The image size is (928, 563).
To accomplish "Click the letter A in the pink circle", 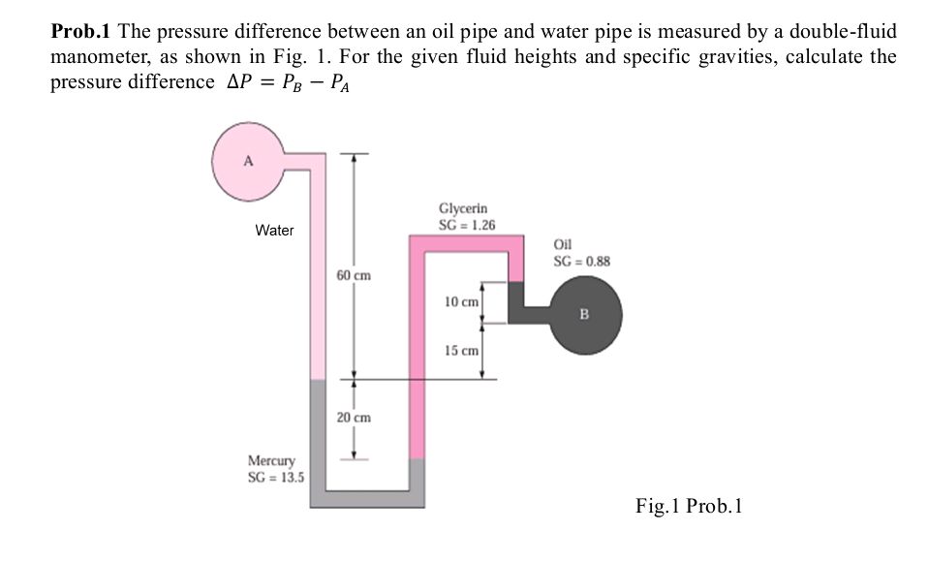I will tap(247, 162).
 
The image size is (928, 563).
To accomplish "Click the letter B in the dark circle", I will tap(583, 314).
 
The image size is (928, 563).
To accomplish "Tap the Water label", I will tap(274, 231).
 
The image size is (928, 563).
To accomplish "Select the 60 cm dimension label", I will tap(355, 276).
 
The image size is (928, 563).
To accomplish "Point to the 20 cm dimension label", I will tap(355, 418).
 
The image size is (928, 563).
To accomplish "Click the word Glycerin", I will tap(463, 208).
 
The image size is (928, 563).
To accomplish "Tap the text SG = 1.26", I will tap(467, 224).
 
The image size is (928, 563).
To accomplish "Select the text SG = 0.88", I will tap(581, 260).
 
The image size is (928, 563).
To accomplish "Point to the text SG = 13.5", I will tap(277, 476).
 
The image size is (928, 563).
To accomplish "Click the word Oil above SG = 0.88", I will tap(562, 245).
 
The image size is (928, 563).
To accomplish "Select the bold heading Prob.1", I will tap(80, 31).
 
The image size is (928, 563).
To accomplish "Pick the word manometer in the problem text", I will tap(91, 56).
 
